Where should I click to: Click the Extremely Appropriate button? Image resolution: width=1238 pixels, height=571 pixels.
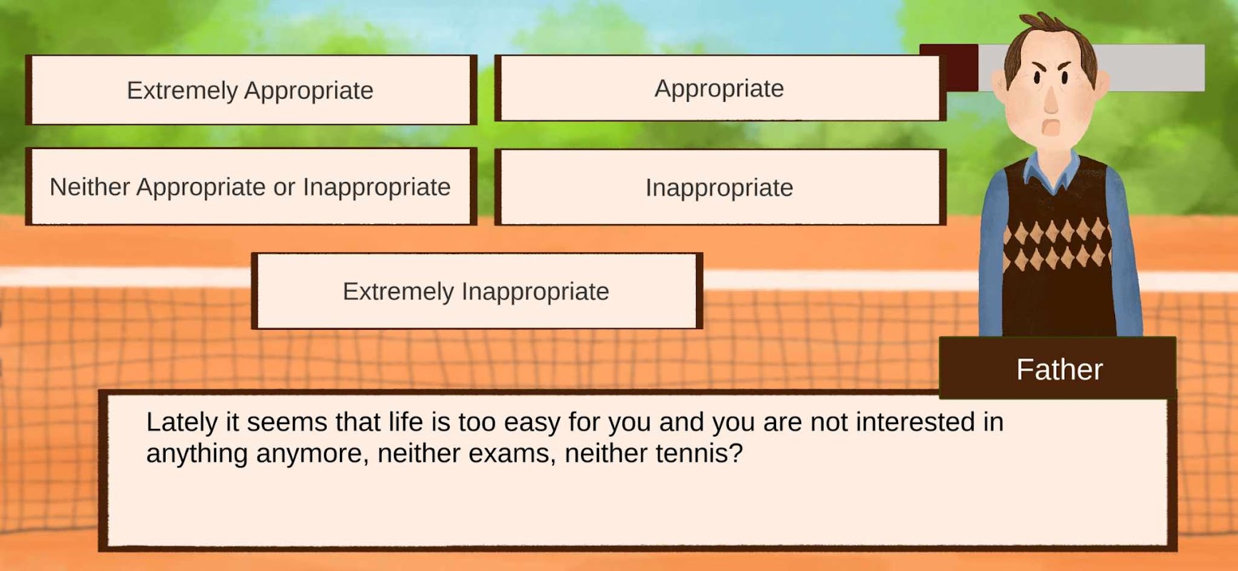pyautogui.click(x=251, y=90)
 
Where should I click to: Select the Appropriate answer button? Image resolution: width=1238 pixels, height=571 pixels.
pyautogui.click(x=720, y=89)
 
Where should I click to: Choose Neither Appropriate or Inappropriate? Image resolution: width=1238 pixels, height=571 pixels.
pyautogui.click(x=251, y=187)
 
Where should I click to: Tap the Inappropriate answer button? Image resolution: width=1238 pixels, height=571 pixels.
pyautogui.click(x=720, y=188)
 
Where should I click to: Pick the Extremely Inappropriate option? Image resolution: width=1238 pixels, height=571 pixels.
pyautogui.click(x=477, y=291)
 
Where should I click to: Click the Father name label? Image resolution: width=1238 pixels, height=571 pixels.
pyautogui.click(x=1058, y=369)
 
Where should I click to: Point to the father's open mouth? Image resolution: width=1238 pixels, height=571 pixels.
pyautogui.click(x=1051, y=128)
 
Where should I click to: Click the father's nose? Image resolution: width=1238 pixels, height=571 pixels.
pyautogui.click(x=1051, y=100)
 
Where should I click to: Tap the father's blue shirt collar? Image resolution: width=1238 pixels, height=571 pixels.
pyautogui.click(x=1052, y=171)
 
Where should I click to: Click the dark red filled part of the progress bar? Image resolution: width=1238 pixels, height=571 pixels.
pyautogui.click(x=949, y=67)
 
